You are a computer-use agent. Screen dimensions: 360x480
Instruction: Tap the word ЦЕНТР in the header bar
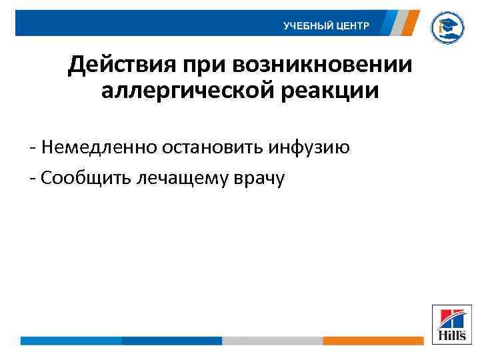[352, 26]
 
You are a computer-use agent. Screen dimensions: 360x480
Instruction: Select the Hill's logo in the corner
[451, 325]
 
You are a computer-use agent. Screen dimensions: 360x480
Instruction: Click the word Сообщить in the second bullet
[85, 177]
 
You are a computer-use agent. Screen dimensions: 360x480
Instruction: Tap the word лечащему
[180, 178]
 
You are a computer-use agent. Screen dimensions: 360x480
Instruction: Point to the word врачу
[256, 178]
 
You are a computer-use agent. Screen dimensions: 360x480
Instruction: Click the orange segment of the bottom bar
[373, 341]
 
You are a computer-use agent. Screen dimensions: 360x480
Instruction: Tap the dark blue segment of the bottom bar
[171, 341]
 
